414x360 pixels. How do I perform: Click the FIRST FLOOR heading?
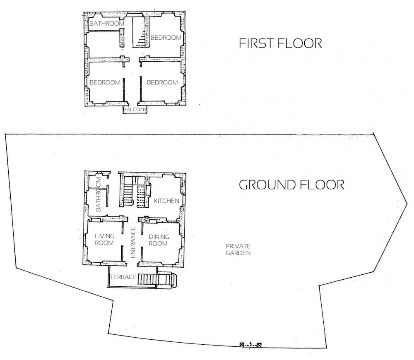pyautogui.click(x=280, y=43)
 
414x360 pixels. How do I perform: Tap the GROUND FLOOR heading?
pyautogui.click(x=291, y=185)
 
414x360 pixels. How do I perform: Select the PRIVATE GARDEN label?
pyautogui.click(x=238, y=250)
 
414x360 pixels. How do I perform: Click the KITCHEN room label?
pyautogui.click(x=166, y=201)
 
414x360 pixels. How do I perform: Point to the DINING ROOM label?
pyautogui.click(x=159, y=240)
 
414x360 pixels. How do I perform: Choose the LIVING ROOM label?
pyautogui.click(x=104, y=240)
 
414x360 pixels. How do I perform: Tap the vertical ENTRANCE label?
pyautogui.click(x=133, y=242)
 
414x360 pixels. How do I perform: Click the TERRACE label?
pyautogui.click(x=123, y=277)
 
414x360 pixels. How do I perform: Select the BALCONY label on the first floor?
pyautogui.click(x=135, y=110)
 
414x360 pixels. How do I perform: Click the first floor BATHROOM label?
pyautogui.click(x=107, y=24)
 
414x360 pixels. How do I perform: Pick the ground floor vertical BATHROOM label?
pyautogui.click(x=98, y=194)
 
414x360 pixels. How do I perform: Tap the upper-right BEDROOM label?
pyautogui.click(x=166, y=38)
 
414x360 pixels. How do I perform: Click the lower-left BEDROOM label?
pyautogui.click(x=105, y=82)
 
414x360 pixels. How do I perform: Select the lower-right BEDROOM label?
pyautogui.click(x=162, y=82)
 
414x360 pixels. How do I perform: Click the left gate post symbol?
pyautogui.click(x=241, y=345)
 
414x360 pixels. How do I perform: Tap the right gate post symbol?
pyautogui.click(x=259, y=345)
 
